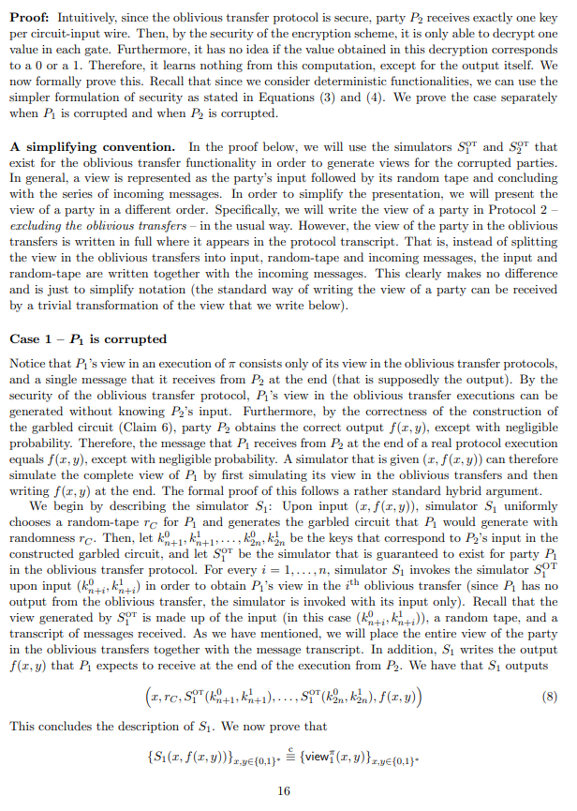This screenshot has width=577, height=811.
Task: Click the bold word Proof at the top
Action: pos(28,17)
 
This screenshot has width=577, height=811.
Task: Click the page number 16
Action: pos(285,789)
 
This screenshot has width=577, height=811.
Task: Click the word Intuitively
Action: pos(86,17)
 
